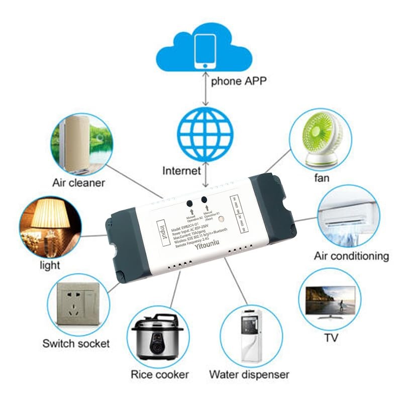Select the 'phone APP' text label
tap(240, 81)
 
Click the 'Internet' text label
tap(181, 171)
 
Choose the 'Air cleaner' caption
tap(79, 182)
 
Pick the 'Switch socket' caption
tap(76, 344)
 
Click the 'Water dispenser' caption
tap(249, 374)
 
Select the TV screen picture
tap(331, 300)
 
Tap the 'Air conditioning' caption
tap(351, 256)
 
